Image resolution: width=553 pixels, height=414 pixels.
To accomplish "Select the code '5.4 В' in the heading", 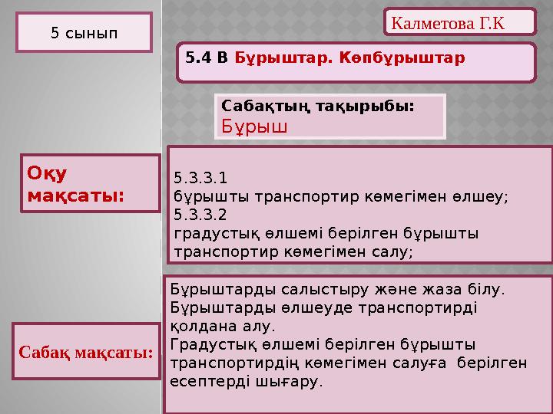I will [x=207, y=58].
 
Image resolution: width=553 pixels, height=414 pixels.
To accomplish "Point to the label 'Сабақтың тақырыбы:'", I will [x=317, y=107].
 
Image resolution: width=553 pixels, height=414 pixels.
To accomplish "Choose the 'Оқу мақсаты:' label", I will [x=75, y=185].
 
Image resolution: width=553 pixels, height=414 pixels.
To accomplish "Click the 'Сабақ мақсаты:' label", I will [x=85, y=353].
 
